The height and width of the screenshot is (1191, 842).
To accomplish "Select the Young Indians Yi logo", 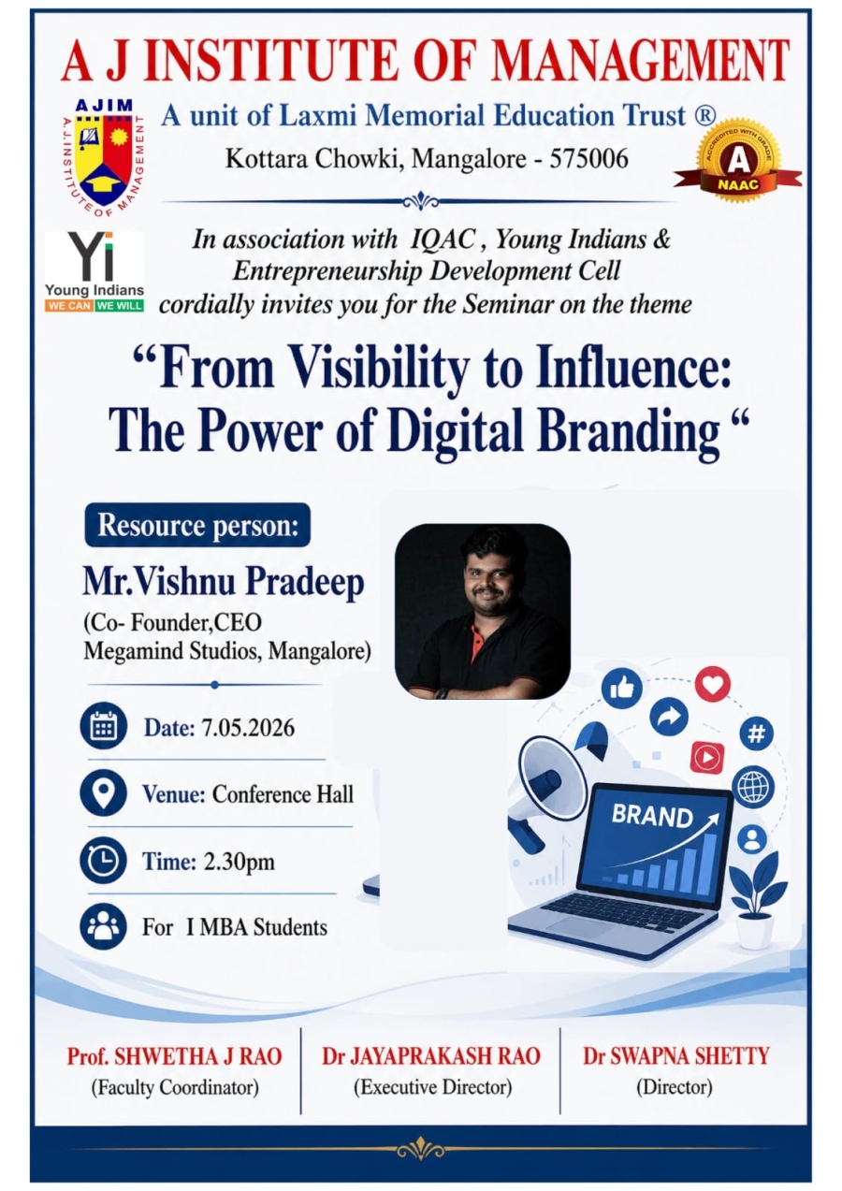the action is tap(94, 271).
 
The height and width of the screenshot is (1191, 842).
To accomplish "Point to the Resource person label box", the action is tap(197, 525).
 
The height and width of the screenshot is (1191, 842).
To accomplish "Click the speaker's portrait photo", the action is tap(482, 611).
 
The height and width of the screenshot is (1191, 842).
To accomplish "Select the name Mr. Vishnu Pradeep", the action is tap(224, 582).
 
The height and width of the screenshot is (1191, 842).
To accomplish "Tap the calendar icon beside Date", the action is tap(103, 727).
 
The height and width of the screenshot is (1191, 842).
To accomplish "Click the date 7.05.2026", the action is tap(248, 728).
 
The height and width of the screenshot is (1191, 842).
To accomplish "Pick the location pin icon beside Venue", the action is tap(103, 793).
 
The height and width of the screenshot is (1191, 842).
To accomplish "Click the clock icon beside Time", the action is tap(103, 861).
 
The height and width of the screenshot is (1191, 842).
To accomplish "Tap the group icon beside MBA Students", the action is tap(103, 927).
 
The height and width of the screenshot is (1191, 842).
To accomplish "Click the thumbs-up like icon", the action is tap(621, 688).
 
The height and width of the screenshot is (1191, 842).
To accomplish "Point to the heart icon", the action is tap(713, 684).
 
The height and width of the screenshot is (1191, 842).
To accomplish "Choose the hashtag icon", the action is tap(756, 734).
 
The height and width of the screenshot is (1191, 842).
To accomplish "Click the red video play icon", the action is tap(707, 757).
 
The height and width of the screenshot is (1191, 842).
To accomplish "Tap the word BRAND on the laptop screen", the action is tap(652, 815).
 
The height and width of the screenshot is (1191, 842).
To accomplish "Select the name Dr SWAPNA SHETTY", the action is tap(675, 1056).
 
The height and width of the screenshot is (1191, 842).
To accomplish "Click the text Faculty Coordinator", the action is tap(175, 1087).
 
